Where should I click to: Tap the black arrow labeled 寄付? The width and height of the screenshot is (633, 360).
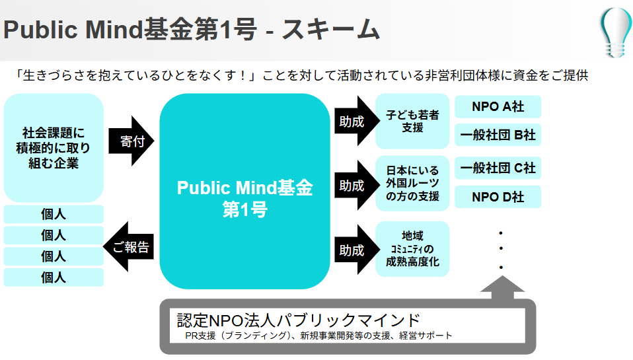tap(130, 141)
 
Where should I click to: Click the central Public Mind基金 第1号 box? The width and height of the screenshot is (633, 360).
tap(244, 191)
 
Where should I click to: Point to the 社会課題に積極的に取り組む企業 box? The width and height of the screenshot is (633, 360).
tap(54, 147)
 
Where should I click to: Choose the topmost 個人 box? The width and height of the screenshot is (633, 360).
tap(54, 215)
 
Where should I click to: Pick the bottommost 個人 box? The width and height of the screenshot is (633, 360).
tap(54, 277)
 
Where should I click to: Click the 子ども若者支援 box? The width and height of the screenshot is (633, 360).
tap(412, 121)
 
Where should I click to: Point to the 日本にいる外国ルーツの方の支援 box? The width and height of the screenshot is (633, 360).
tap(412, 184)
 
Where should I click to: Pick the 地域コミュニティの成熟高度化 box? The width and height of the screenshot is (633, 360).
tap(412, 249)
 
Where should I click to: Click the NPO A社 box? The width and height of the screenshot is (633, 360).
tap(498, 107)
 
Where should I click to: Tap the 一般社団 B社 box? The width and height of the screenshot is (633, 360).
tap(498, 135)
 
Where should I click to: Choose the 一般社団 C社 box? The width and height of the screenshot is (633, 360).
tap(498, 168)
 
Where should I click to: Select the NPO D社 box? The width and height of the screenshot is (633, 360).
tap(498, 197)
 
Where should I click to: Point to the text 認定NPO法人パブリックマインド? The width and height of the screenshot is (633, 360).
tap(299, 320)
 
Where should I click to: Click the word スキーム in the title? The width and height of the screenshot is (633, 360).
tap(331, 30)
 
